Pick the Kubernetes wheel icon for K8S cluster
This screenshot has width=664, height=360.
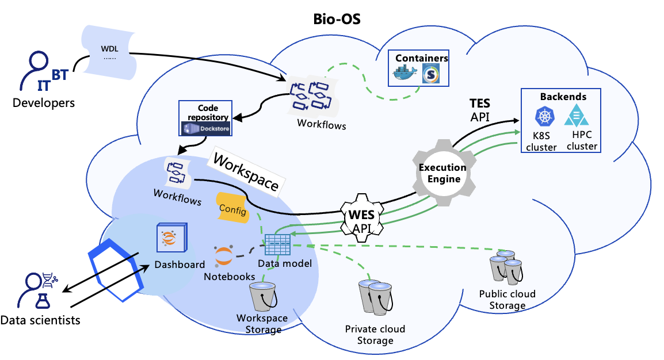(544, 117)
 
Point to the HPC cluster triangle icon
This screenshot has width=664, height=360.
(576, 116)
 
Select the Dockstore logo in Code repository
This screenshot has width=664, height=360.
(205, 129)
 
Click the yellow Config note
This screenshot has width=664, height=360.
(234, 208)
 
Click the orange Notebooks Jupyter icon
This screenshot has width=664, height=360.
(223, 256)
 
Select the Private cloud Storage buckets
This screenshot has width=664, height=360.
(373, 298)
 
